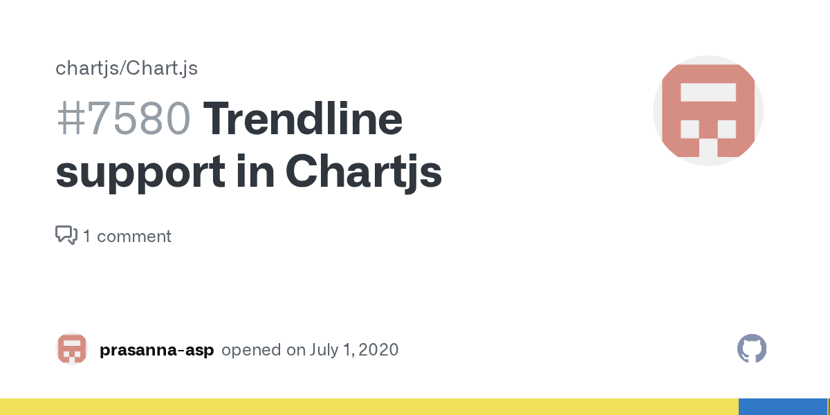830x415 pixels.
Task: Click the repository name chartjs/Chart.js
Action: point(127,68)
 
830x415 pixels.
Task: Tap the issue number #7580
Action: point(123,119)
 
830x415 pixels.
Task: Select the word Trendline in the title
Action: point(302,119)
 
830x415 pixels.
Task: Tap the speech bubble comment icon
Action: point(66,235)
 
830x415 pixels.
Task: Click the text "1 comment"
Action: point(127,237)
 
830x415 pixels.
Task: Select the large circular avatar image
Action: point(708,111)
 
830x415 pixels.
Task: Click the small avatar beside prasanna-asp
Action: point(71,349)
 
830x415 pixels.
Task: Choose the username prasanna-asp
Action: point(157,350)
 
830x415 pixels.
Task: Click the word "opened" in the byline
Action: point(251,350)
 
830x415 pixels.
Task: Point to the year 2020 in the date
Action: point(378,350)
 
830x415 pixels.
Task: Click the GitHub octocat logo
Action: point(752,349)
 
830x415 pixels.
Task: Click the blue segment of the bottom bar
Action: point(782,407)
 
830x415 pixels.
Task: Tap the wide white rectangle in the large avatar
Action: point(708,93)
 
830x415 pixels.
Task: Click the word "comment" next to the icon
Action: point(134,237)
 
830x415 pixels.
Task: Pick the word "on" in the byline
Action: point(296,350)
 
